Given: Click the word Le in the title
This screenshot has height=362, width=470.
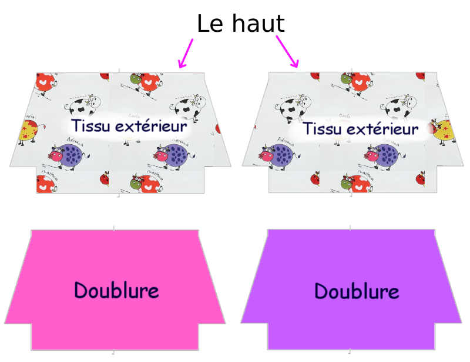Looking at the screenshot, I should pos(209,24).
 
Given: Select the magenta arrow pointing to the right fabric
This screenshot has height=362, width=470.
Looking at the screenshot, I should pos(288,52).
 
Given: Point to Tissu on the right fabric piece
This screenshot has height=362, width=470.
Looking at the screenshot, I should pos(323,128).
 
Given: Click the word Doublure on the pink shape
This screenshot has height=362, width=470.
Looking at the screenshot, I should pos(116,290).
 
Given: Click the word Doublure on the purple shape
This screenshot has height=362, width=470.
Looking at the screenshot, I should pos(357,291).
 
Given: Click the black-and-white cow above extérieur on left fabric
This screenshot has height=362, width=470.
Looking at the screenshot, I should pos(188,108).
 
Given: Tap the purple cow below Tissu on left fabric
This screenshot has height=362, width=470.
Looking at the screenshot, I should pos(68,155).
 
